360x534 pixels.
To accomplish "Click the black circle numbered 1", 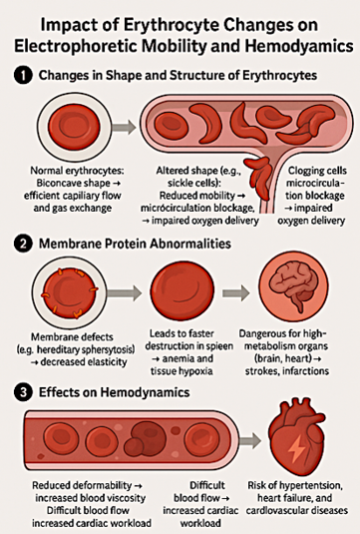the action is [23, 75].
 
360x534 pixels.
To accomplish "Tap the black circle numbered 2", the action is [23, 244].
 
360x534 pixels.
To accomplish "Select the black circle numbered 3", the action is [23, 392].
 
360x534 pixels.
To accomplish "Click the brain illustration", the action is [293, 287].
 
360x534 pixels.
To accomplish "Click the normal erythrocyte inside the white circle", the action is [74, 128].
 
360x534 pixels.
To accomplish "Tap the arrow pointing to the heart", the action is [249, 440].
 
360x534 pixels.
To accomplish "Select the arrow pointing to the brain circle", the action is [236, 292].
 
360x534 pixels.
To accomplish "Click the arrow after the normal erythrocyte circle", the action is [124, 128].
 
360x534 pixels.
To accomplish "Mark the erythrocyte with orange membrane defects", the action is [69, 292].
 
